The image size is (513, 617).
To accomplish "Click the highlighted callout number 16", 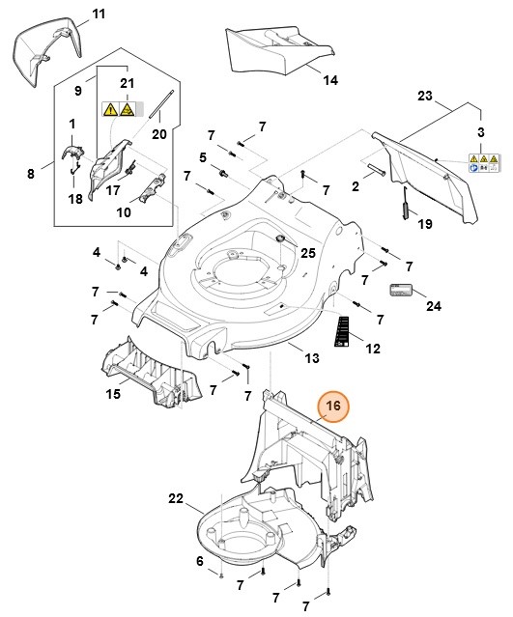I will click(x=333, y=407).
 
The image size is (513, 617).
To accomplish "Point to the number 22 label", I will click(x=175, y=498).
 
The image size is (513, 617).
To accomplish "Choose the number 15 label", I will click(x=113, y=395).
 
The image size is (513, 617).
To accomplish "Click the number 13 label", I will click(x=311, y=359).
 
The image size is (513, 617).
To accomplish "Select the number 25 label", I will click(x=307, y=253).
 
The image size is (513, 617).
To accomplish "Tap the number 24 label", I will click(x=433, y=306).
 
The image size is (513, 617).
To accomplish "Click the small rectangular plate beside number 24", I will click(x=401, y=290).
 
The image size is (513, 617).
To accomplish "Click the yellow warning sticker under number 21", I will click(x=118, y=110).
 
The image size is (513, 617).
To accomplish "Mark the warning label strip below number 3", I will click(x=483, y=160).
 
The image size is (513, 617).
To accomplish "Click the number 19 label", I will click(x=424, y=224).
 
